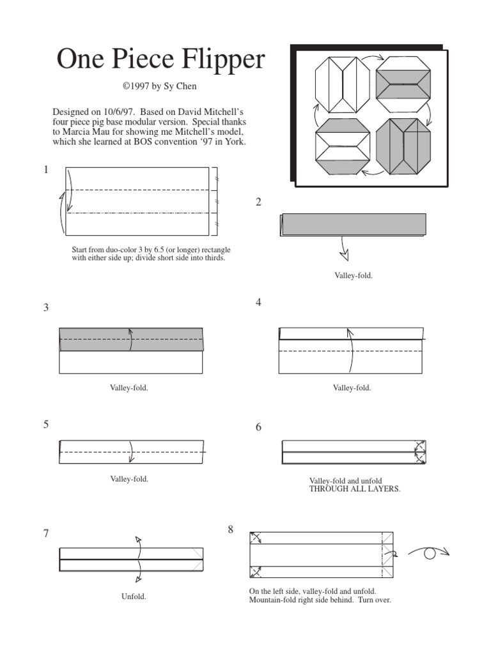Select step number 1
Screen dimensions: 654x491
pyautogui.click(x=46, y=170)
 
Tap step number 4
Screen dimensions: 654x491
pyautogui.click(x=259, y=303)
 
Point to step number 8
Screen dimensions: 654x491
pyautogui.click(x=231, y=529)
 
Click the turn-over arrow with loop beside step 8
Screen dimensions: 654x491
pyautogui.click(x=429, y=553)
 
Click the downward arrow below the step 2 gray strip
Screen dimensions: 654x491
pyautogui.click(x=344, y=250)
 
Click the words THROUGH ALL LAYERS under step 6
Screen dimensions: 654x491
pyautogui.click(x=355, y=489)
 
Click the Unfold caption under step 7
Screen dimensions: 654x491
pyautogui.click(x=134, y=597)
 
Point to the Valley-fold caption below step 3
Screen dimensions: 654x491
pyautogui.click(x=129, y=388)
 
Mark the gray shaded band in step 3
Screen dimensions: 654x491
pyautogui.click(x=131, y=340)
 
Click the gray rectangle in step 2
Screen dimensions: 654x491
pyautogui.click(x=354, y=225)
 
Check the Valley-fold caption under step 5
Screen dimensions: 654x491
pyautogui.click(x=129, y=478)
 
